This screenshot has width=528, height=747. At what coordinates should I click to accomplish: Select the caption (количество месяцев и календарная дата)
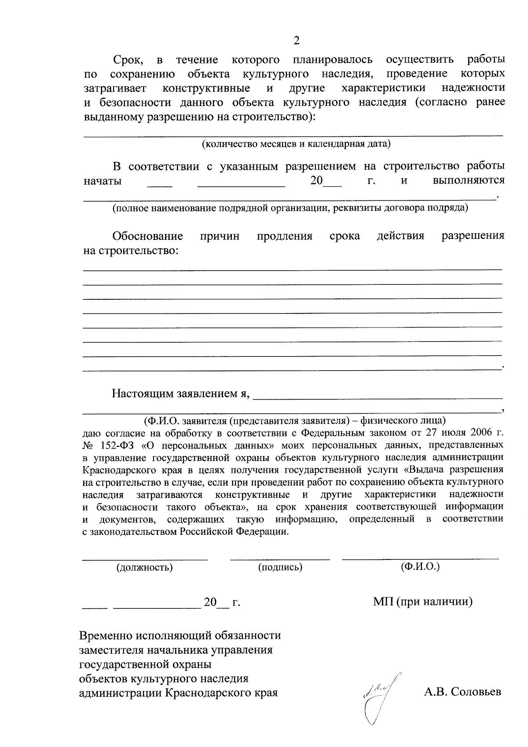click(296, 144)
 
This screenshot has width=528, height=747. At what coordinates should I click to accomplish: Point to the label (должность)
click(144, 567)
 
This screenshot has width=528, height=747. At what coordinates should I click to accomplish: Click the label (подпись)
click(280, 567)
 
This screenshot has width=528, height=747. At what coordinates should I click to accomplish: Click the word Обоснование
click(148, 236)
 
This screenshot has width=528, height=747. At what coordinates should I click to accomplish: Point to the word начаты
click(103, 181)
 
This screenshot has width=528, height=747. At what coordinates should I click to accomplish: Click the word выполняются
click(468, 181)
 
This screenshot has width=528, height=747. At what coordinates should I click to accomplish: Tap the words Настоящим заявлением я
click(181, 394)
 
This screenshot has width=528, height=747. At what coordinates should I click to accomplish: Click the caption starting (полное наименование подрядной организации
click(290, 208)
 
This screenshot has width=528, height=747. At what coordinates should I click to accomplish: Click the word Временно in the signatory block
click(106, 636)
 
